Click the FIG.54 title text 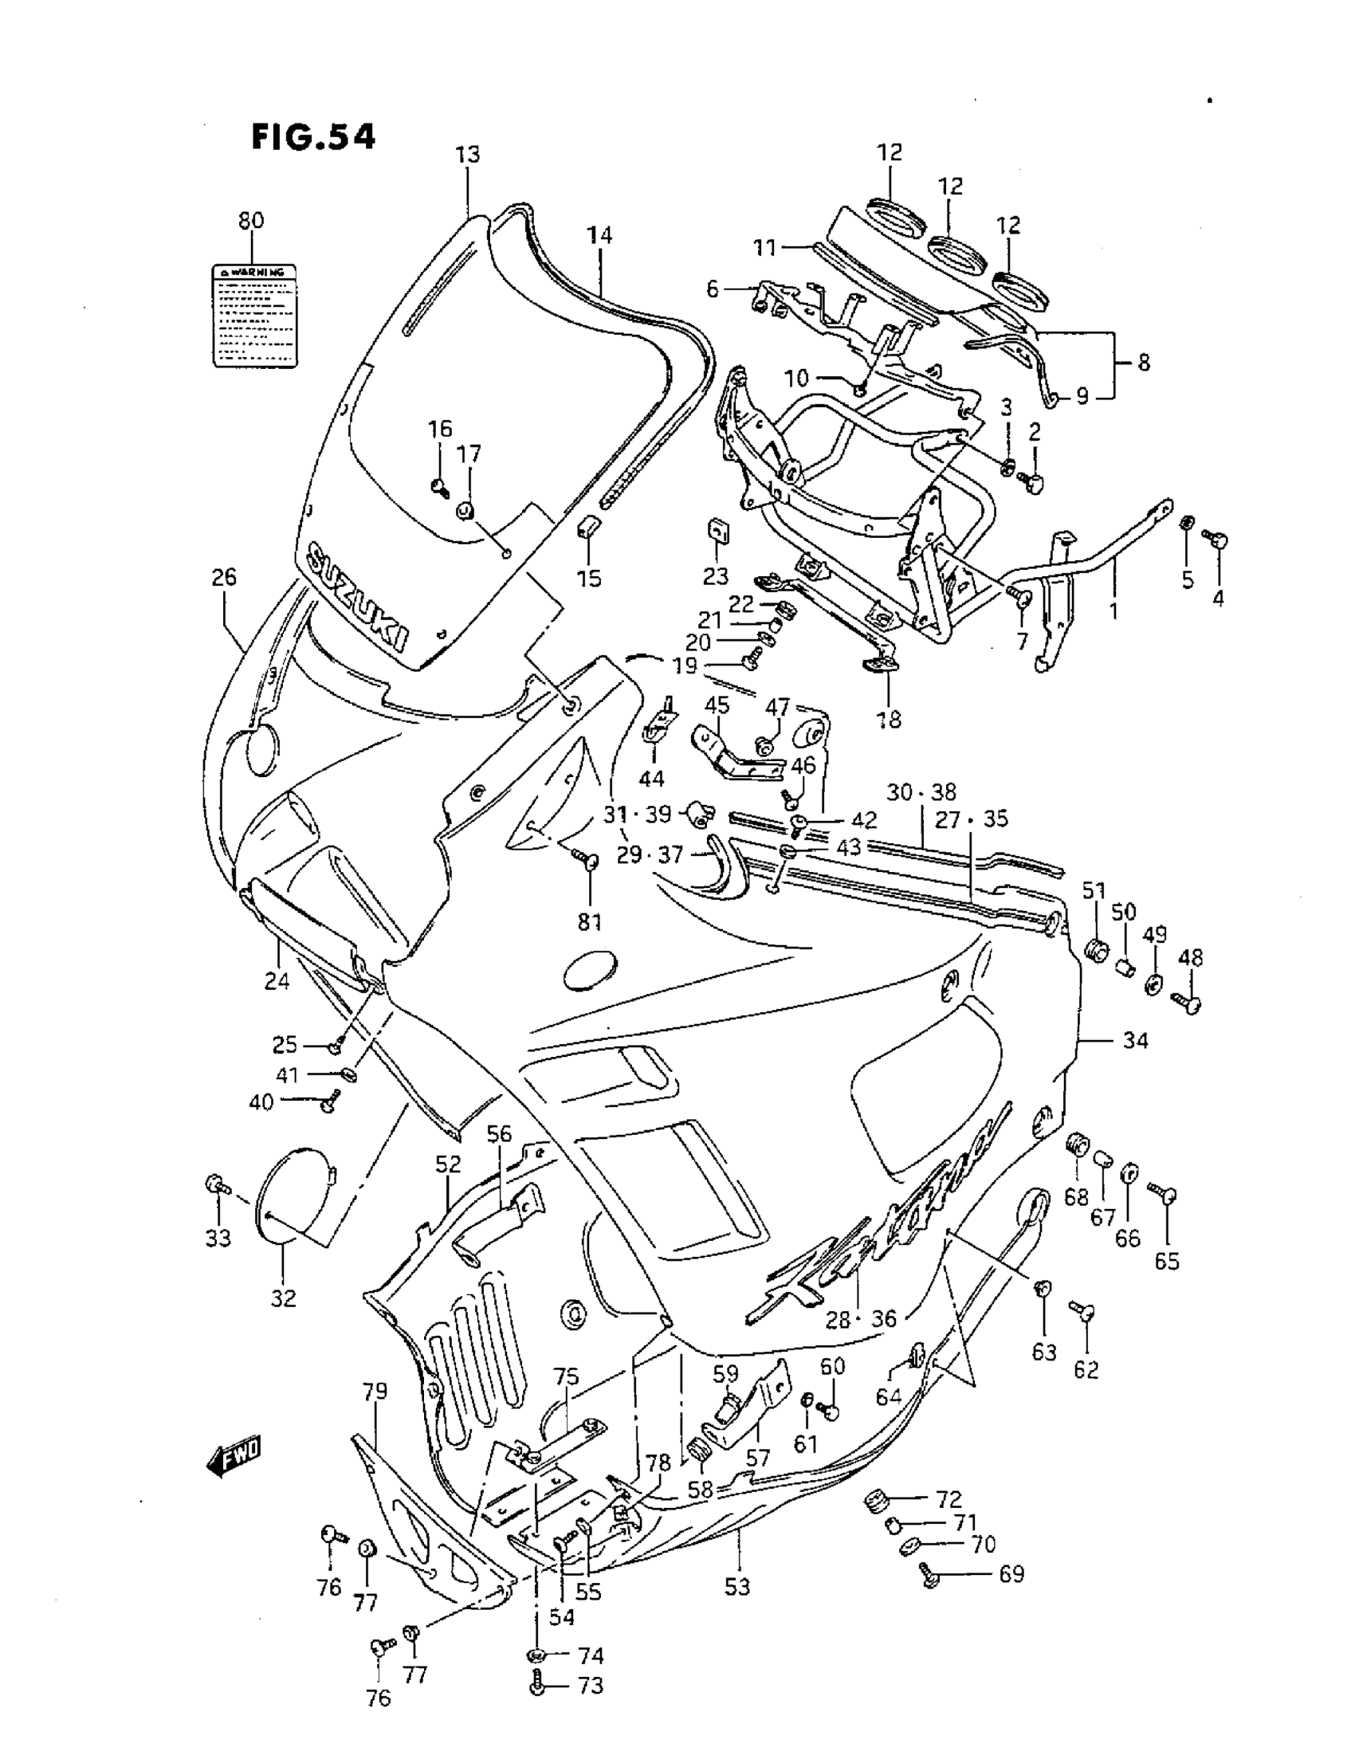tap(313, 137)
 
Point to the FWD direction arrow tap(234, 1456)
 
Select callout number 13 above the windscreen tap(467, 155)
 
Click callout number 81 tap(590, 921)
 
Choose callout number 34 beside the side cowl tap(1134, 1041)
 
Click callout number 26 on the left tap(224, 577)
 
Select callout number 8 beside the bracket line tap(1144, 363)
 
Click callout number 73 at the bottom tap(591, 1686)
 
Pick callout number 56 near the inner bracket tap(499, 1134)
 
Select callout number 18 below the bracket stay tap(890, 719)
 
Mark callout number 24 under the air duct tap(277, 980)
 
